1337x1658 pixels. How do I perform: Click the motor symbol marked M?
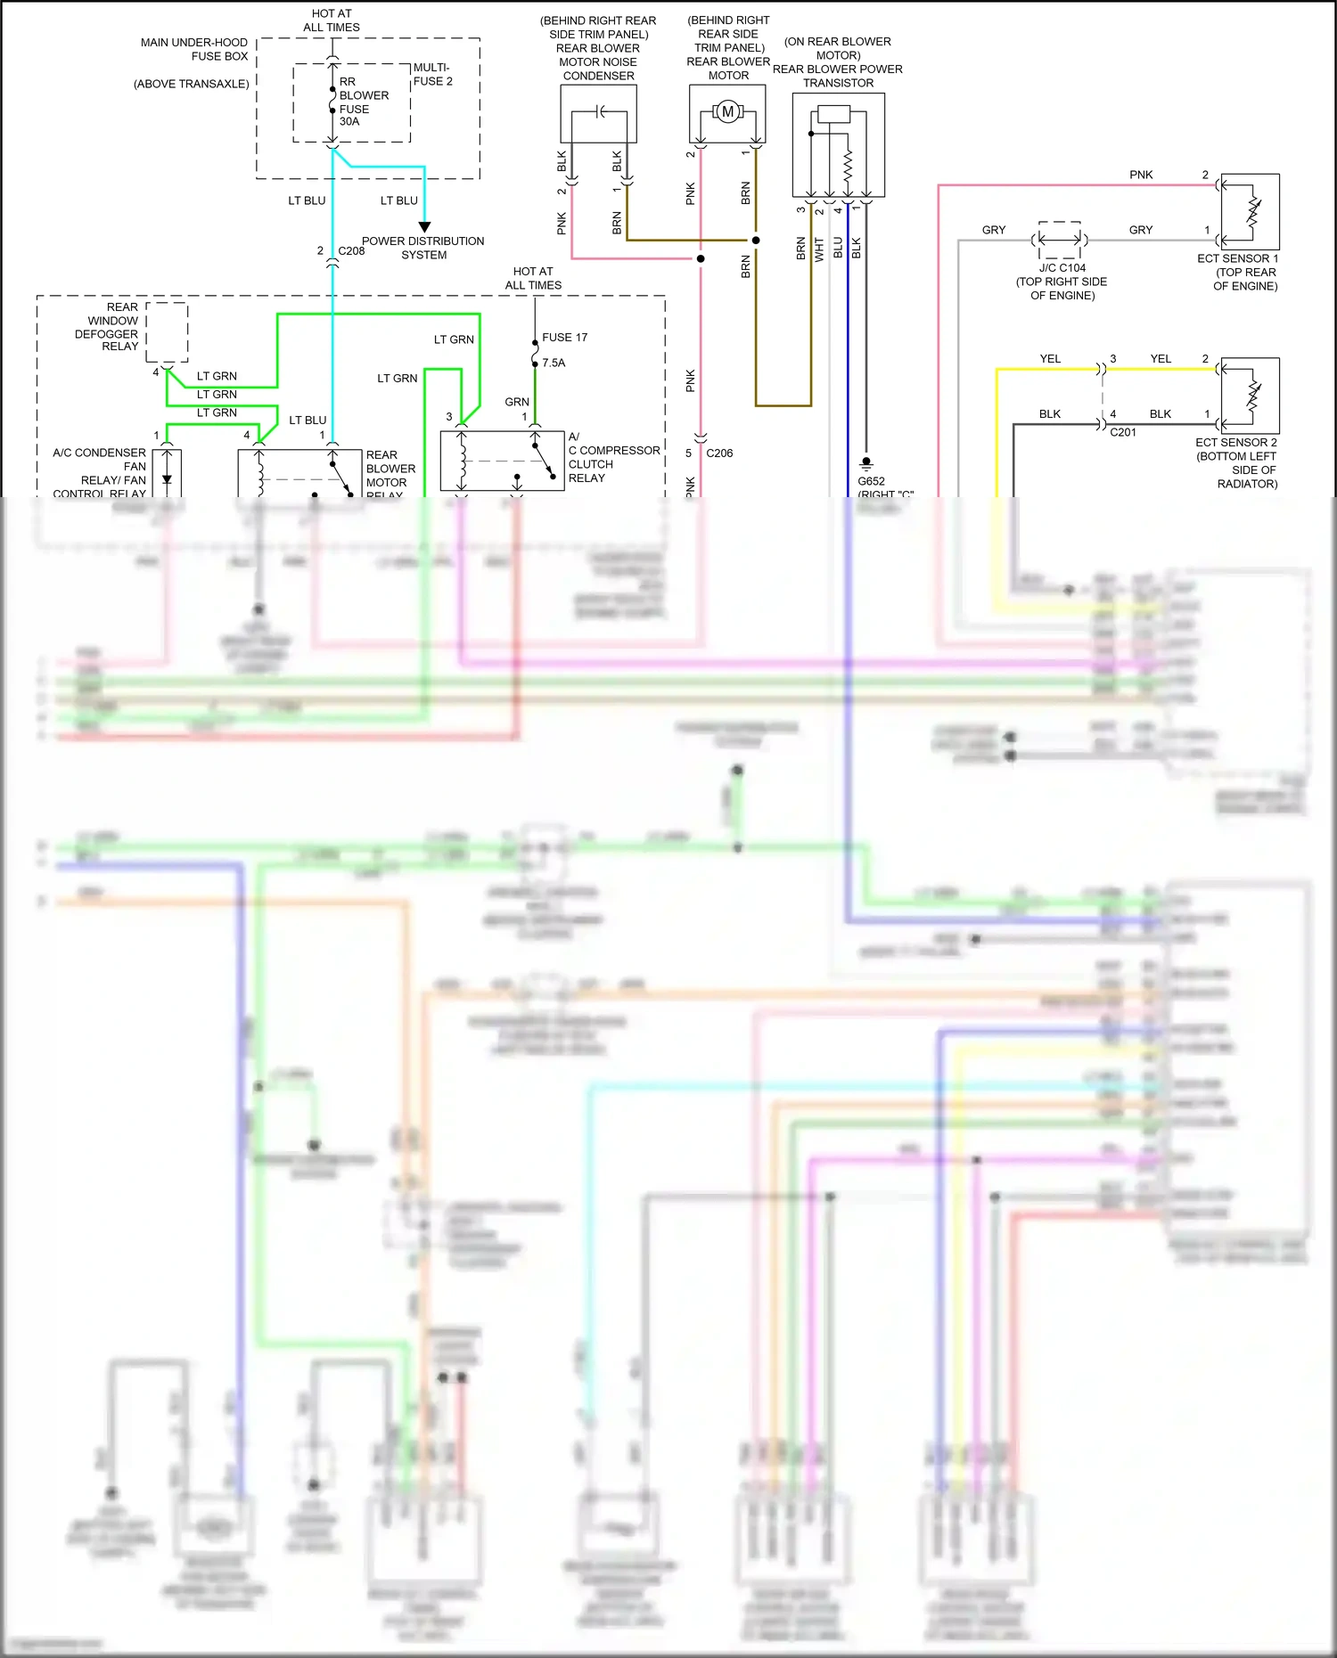(x=727, y=112)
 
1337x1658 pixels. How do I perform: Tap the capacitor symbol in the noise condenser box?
(x=600, y=111)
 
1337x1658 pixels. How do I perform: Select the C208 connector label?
(x=351, y=251)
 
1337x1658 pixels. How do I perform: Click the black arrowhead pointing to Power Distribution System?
(x=424, y=227)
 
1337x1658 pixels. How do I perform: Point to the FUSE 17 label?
(x=564, y=338)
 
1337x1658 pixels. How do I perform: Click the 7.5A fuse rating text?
(x=554, y=363)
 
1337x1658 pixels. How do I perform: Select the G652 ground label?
(x=871, y=481)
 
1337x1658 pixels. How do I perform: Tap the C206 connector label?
(x=719, y=453)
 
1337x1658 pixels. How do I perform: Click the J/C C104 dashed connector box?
(x=1060, y=239)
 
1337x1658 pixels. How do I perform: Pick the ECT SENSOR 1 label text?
(x=1237, y=258)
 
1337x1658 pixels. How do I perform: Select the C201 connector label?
(x=1122, y=432)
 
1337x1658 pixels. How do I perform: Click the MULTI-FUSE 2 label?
(x=432, y=75)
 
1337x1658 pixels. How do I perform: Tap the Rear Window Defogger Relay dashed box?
(x=167, y=331)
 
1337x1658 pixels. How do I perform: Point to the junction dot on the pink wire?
(x=701, y=258)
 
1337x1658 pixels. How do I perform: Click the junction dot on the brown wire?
(x=756, y=240)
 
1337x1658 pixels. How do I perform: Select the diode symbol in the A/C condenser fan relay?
(x=167, y=478)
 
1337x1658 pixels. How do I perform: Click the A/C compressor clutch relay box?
(x=502, y=461)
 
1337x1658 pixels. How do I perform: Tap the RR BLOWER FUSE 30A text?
(x=363, y=102)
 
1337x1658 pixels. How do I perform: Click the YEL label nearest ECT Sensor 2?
(x=1160, y=359)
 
